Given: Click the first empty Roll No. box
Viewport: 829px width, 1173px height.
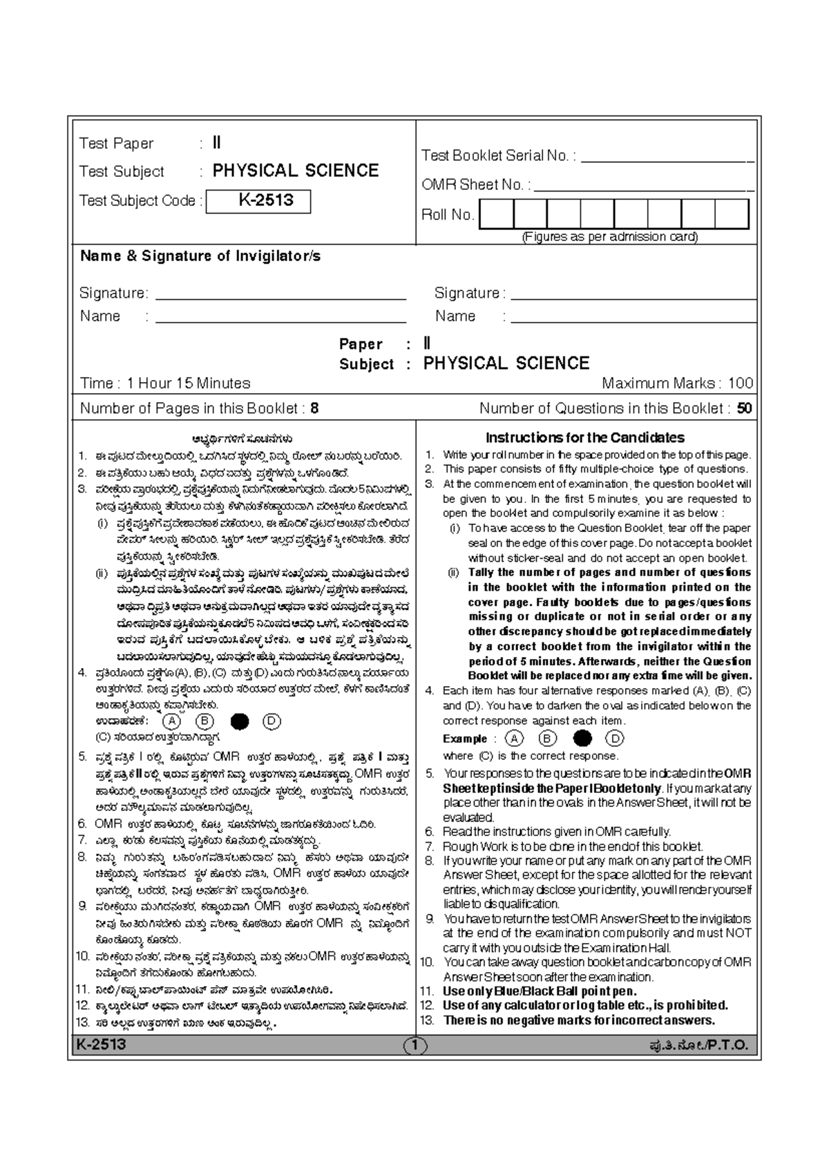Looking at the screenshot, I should click(x=497, y=214).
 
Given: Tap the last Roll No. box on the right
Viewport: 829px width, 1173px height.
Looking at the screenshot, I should click(x=732, y=214).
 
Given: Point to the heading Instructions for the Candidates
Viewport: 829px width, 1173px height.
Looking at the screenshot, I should click(x=584, y=437).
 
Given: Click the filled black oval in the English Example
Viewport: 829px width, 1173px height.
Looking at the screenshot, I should click(x=582, y=738).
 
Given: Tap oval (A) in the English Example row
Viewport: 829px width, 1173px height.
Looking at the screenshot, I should click(x=514, y=738).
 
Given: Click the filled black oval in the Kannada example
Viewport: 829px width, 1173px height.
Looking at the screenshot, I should click(x=240, y=721).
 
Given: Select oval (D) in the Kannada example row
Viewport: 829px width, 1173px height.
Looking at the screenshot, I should click(x=271, y=721).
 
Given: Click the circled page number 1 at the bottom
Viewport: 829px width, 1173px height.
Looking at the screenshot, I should click(x=415, y=1046).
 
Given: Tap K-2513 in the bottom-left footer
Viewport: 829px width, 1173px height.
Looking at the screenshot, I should click(x=102, y=1045).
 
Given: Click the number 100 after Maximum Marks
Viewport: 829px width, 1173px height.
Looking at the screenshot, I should click(x=741, y=383).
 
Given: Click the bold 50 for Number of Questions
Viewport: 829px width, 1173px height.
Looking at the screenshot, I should click(x=744, y=408).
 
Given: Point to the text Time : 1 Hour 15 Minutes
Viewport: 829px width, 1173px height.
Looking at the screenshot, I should click(x=165, y=383).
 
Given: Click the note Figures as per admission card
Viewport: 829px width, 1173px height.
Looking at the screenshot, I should click(x=609, y=237).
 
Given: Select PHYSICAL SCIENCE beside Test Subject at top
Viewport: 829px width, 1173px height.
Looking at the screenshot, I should click(x=295, y=171).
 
